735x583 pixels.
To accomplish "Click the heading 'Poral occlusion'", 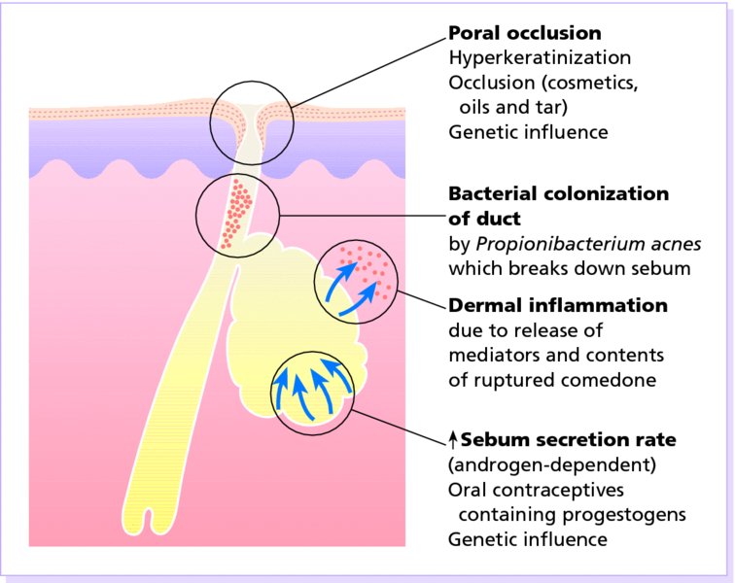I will [x=525, y=33].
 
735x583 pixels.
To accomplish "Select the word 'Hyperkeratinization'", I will [x=540, y=58].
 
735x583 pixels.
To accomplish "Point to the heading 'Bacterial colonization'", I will [x=558, y=193].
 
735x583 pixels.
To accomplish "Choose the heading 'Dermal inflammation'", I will [x=558, y=305].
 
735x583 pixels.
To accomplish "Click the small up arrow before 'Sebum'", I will [x=453, y=440].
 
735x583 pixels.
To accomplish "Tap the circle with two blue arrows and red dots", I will [x=356, y=281].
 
